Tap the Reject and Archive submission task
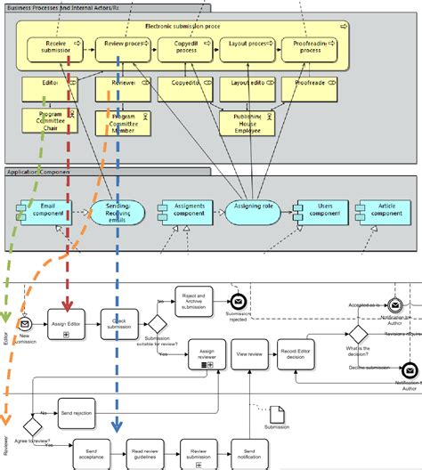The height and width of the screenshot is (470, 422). click(x=190, y=301)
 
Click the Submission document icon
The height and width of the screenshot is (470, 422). click(x=277, y=414)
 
